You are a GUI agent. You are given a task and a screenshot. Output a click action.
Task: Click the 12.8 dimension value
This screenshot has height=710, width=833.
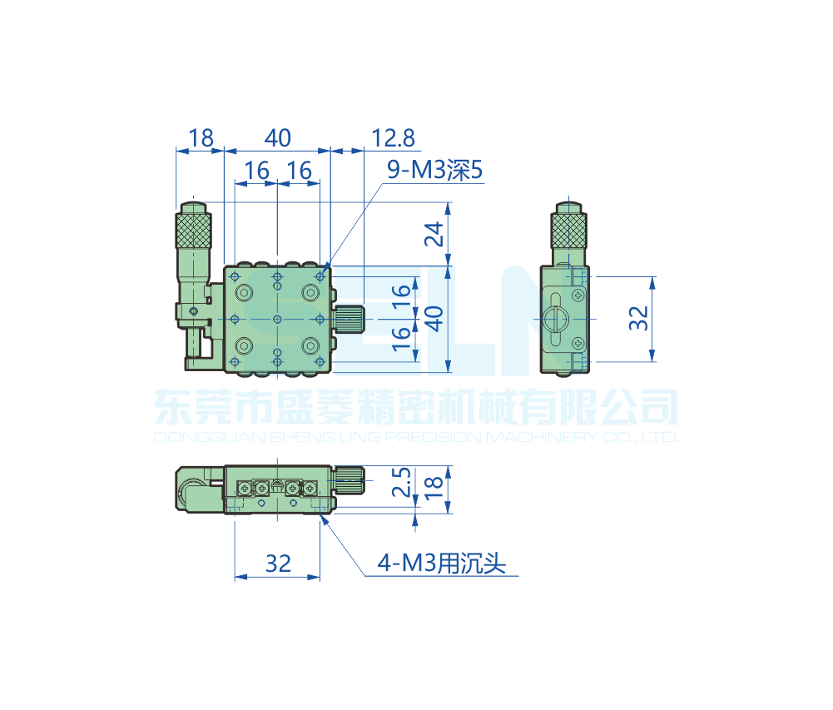pos(393,138)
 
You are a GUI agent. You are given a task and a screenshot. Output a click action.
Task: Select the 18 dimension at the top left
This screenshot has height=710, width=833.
pos(201,138)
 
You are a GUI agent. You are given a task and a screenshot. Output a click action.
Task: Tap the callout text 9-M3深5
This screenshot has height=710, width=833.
pos(434,170)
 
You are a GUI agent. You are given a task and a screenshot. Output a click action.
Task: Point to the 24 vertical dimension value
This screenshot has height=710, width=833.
pos(434,234)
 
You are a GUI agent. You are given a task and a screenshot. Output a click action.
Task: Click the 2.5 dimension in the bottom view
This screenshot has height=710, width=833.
pos(402,482)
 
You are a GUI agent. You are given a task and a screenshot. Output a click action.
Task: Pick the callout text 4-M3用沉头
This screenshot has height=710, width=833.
pos(442,564)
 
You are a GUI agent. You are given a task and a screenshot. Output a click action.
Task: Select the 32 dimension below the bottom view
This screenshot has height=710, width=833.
pos(279,564)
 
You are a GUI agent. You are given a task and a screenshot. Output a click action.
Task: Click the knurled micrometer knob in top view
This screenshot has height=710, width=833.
pos(193,230)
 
